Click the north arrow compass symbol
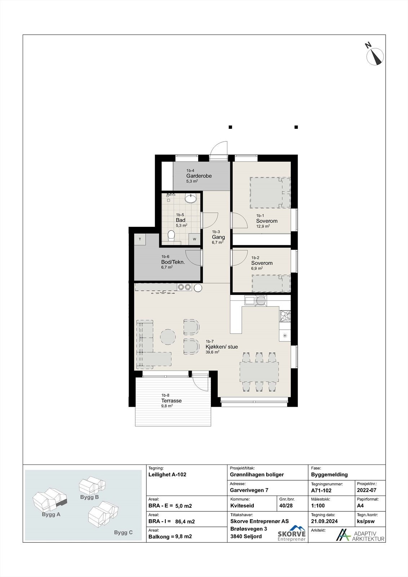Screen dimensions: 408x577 [375, 56]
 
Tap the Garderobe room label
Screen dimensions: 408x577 [199, 176]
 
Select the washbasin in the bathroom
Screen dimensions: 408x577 [191, 198]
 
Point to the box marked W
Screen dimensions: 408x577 [194, 239]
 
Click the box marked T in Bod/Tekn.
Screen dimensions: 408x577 [140, 239]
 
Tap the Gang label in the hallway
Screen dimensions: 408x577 [218, 237]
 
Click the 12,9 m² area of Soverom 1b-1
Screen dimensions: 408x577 [263, 226]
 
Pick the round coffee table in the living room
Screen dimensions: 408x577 [168, 337]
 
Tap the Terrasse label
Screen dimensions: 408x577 [172, 401]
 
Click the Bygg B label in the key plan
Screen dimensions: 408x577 [89, 497]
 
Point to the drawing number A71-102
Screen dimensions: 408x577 [321, 490]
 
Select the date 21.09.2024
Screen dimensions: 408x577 [324, 521]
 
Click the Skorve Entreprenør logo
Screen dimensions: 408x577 [292, 533]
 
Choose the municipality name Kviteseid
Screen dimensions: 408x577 [242, 505]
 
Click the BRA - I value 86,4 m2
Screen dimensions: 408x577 [185, 521]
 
